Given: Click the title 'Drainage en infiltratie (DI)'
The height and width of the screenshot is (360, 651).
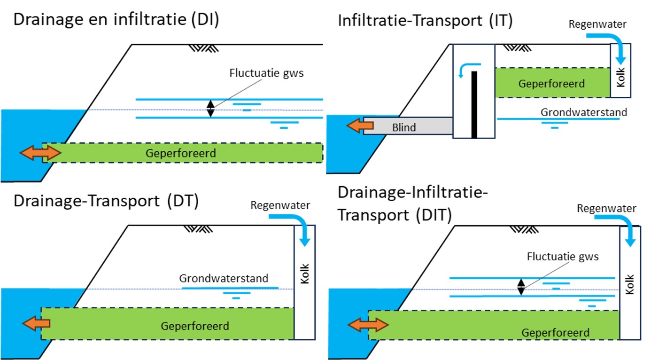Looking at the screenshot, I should (116, 21).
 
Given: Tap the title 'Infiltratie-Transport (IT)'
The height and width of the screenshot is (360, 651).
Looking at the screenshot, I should (425, 21).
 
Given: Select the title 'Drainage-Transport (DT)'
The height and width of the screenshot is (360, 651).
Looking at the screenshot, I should (106, 201).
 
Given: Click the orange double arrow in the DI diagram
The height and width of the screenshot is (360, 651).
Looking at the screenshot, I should (40, 153).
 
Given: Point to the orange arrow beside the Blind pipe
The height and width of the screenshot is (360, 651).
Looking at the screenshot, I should (360, 125).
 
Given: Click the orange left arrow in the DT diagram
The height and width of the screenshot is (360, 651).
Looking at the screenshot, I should (36, 323).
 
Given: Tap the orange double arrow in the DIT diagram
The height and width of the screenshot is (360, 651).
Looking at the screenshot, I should (368, 325).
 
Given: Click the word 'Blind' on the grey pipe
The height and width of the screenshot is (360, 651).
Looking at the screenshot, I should (404, 127).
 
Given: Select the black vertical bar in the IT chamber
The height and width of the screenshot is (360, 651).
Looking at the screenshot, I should (474, 104).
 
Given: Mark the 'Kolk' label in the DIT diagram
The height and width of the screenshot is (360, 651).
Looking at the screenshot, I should (630, 285).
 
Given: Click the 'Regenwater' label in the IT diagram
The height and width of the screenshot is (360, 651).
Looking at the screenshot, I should (597, 24).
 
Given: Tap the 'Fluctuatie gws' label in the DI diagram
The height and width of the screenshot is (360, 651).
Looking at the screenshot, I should (266, 73).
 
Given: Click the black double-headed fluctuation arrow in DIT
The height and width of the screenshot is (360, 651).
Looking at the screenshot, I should (520, 287).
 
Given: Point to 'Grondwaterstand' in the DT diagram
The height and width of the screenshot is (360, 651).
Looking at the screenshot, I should (224, 278).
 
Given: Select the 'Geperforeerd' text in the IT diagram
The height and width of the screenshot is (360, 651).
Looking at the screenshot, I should (551, 84).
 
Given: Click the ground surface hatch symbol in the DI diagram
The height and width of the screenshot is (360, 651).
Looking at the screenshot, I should (202, 48).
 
